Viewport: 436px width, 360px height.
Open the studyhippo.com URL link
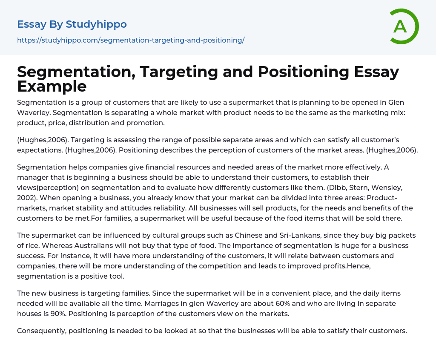131,40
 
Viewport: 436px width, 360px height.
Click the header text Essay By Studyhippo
72,24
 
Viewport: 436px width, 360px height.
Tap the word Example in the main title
52,86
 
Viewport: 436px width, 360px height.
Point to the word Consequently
41,331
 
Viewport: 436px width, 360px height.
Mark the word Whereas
60,246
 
